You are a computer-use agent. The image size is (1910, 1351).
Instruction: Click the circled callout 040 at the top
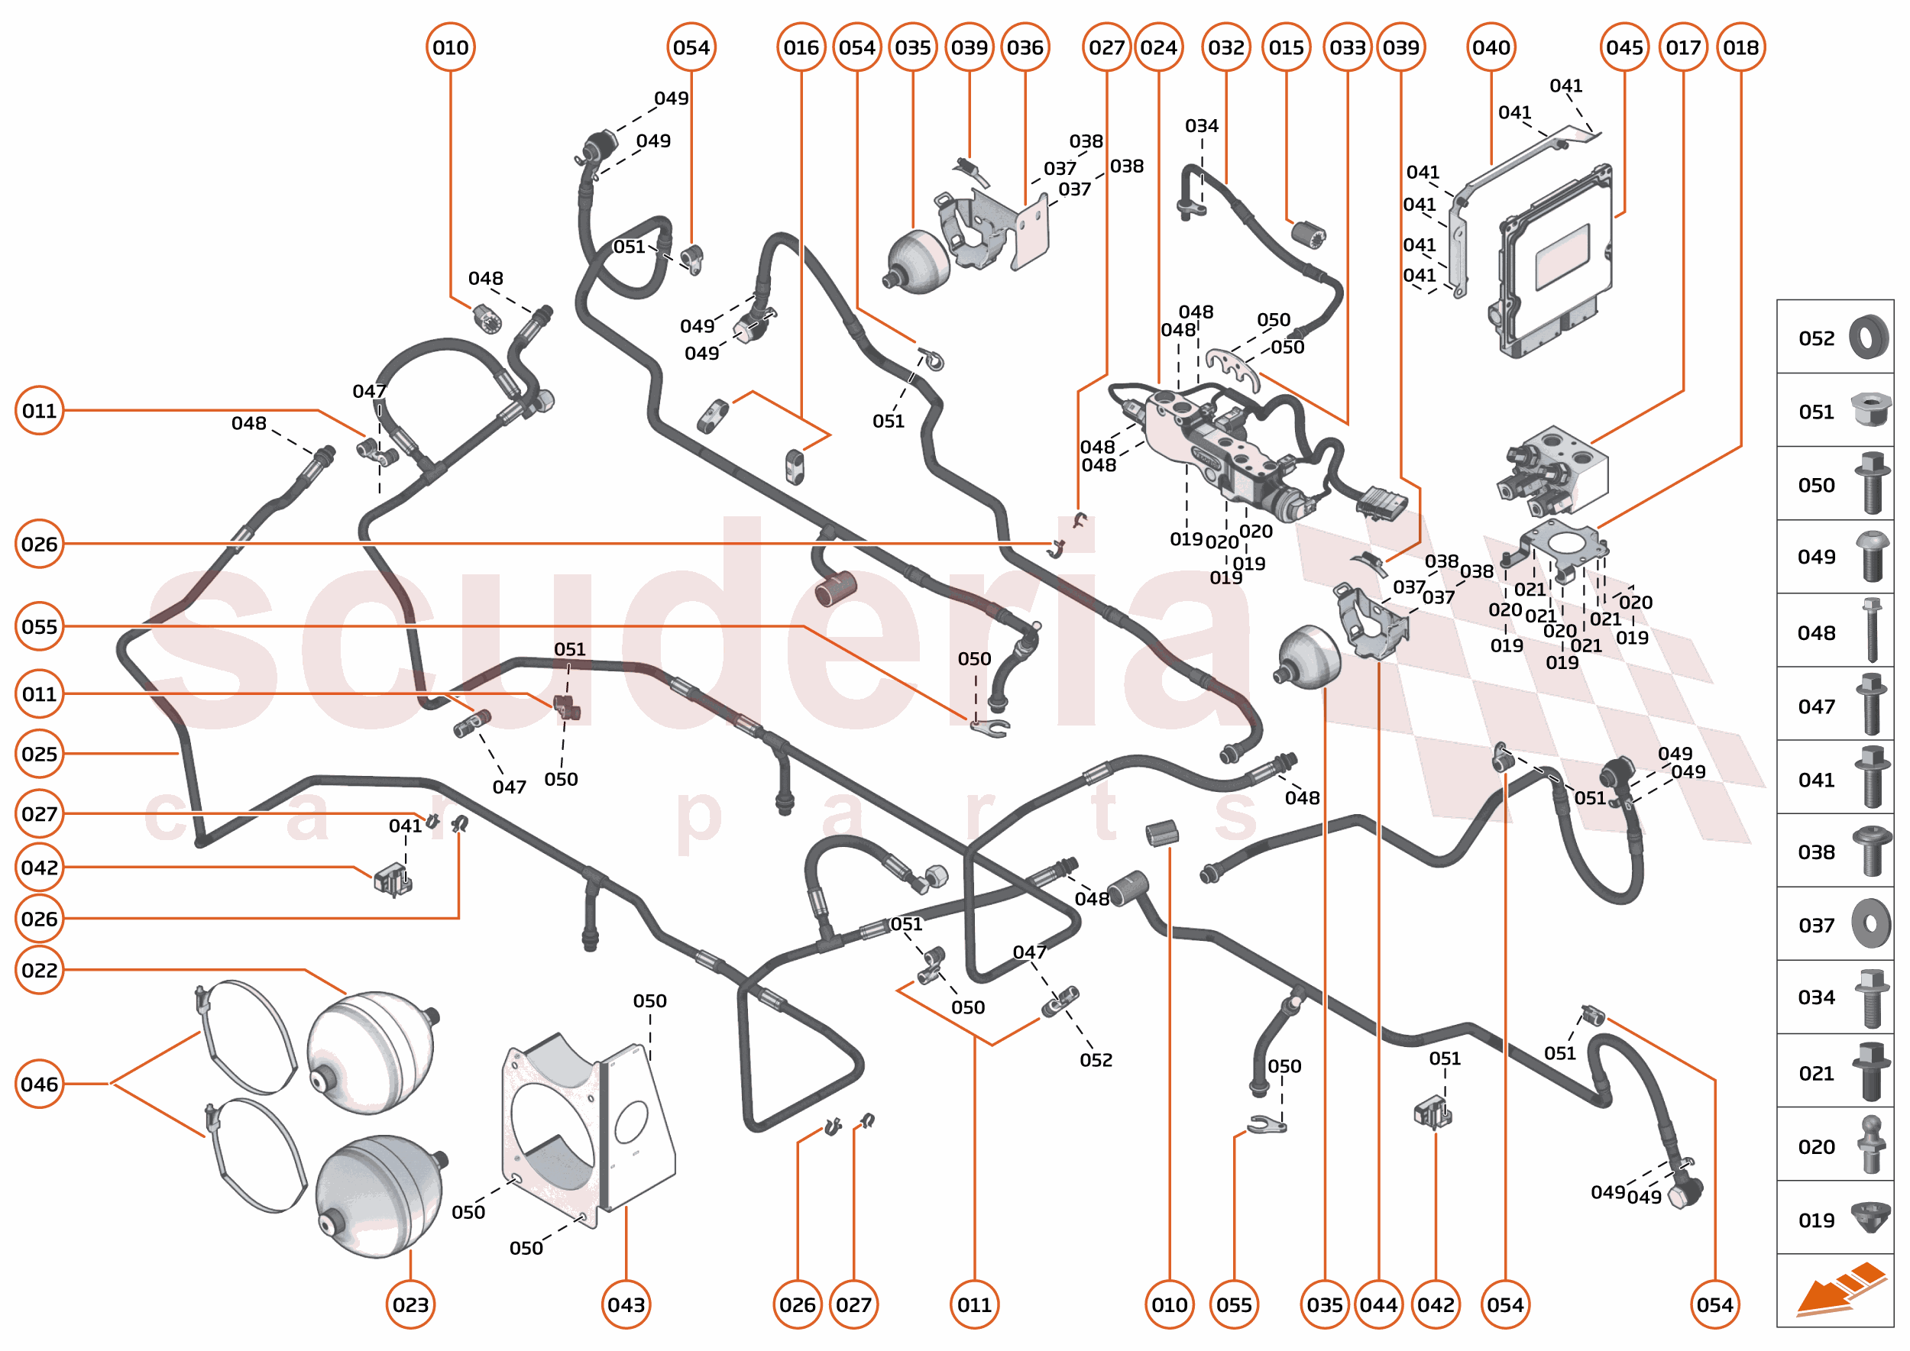(1491, 47)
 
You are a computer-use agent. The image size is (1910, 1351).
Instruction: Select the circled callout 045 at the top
(1624, 47)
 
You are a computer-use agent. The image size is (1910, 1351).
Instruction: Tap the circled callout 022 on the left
(39, 970)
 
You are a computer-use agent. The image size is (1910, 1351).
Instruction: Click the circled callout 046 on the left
(39, 1084)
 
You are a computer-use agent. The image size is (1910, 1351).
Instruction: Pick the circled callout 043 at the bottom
(626, 1304)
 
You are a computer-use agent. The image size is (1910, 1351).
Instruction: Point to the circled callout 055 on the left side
(39, 626)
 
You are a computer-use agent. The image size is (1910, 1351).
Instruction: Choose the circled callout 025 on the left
(39, 754)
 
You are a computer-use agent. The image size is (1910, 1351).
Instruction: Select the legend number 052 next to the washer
(1816, 338)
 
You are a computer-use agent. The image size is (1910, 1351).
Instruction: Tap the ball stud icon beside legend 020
(1872, 1145)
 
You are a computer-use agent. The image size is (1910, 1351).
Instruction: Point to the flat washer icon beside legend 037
(1871, 923)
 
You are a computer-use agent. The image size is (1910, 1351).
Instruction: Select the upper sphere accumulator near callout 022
(371, 1050)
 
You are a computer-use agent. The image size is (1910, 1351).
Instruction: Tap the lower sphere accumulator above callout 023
(379, 1194)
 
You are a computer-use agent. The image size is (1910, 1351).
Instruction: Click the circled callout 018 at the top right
(1740, 47)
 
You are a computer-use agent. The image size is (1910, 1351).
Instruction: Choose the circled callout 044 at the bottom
(1378, 1304)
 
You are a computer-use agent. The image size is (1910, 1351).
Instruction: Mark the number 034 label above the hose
(1201, 125)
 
